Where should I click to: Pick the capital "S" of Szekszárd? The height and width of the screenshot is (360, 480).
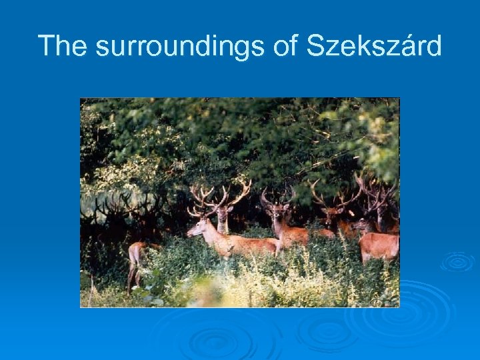(315, 46)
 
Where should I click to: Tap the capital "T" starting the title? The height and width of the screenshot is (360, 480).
(46, 46)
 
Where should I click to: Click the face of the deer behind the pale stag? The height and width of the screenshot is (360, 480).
(222, 217)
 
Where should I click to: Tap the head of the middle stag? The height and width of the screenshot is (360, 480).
(275, 213)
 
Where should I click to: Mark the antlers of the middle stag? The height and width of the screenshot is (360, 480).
(277, 196)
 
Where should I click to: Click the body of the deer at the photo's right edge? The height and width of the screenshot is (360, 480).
(380, 247)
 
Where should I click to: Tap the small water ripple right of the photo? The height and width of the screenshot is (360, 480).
(457, 261)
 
